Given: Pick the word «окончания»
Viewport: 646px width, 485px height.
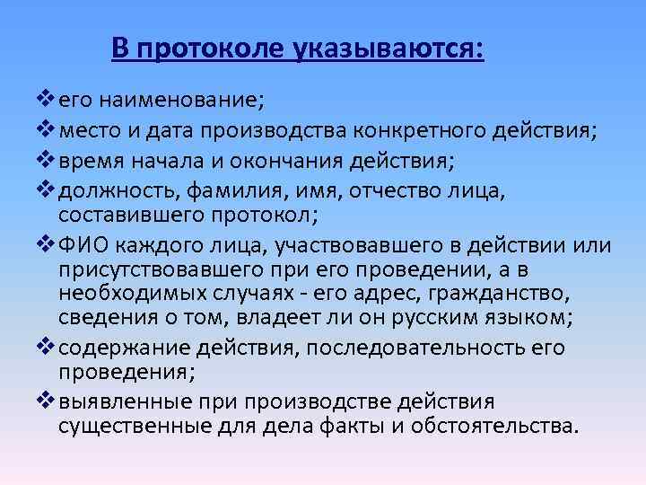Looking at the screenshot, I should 296,162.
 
